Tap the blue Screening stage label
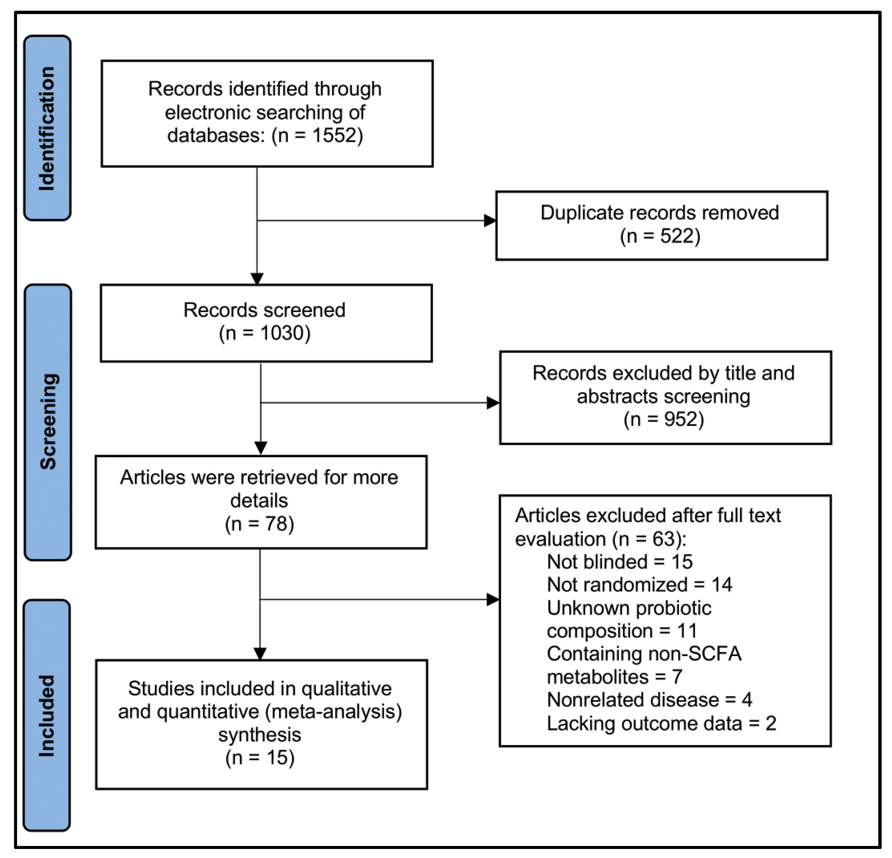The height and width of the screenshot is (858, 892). coord(48,422)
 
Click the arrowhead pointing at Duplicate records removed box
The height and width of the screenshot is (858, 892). coord(490,221)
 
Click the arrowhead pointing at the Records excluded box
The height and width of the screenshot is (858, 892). coord(493,403)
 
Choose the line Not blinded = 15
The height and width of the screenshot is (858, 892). coord(619,562)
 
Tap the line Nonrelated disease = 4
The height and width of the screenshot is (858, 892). coord(649,699)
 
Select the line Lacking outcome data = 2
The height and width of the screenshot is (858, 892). coord(661,723)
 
